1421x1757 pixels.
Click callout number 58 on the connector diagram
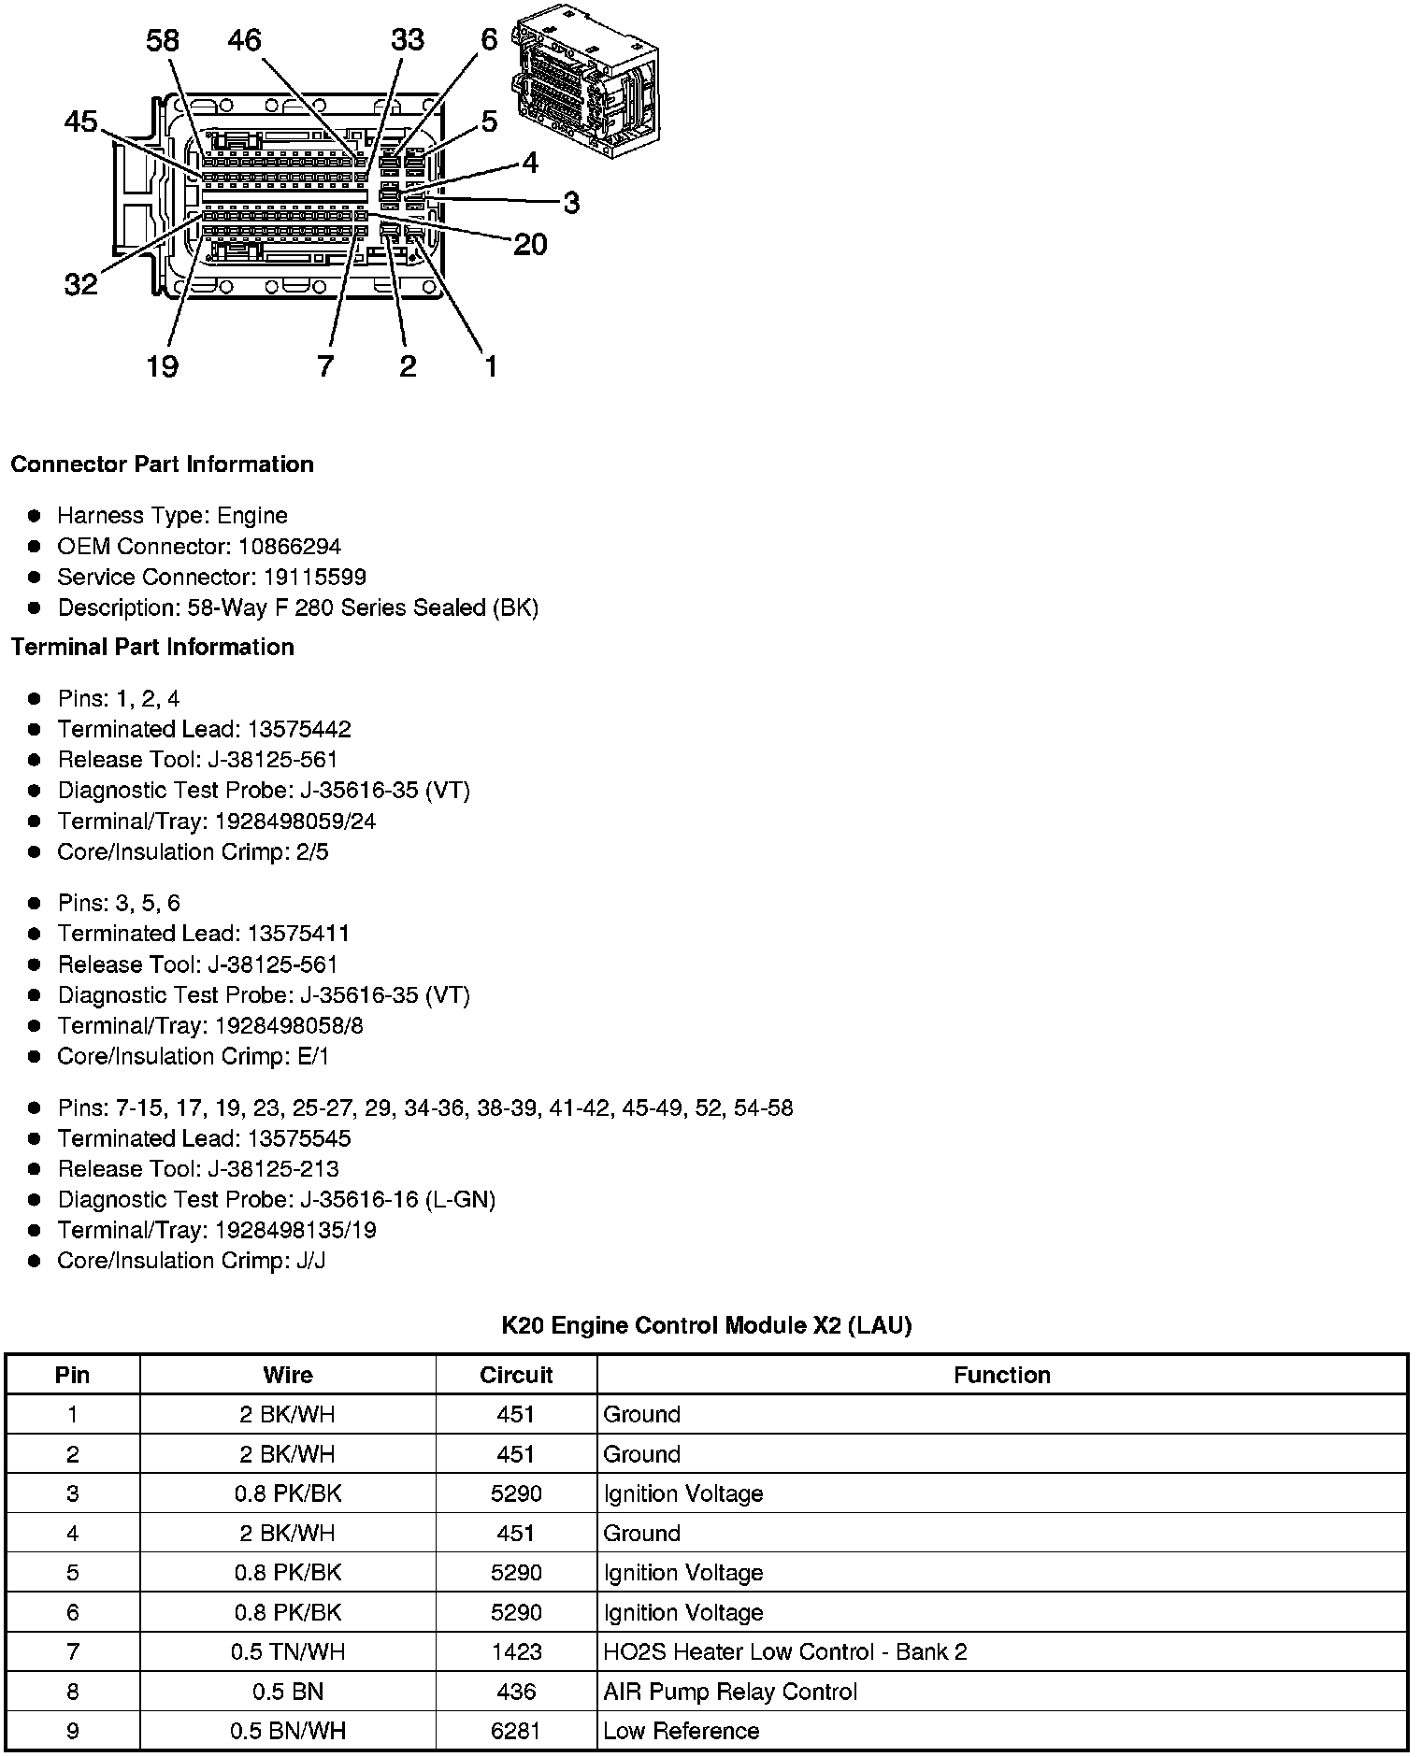(x=163, y=40)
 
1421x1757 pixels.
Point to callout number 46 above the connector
(x=245, y=40)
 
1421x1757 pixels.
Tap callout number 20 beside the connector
(x=530, y=245)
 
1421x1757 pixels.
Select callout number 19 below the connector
(x=162, y=365)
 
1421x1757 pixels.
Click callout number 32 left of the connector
(x=81, y=284)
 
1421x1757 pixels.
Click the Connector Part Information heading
(x=163, y=464)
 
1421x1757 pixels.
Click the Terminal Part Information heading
(x=152, y=647)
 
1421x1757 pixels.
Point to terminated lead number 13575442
(x=299, y=729)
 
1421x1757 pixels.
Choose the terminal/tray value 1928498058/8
(x=289, y=1025)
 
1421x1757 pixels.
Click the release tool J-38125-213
(x=293, y=1168)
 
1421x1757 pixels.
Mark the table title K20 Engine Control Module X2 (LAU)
(x=707, y=1324)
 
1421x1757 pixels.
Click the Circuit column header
(x=516, y=1375)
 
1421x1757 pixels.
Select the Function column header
(x=1002, y=1375)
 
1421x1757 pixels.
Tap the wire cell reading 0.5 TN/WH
(x=288, y=1651)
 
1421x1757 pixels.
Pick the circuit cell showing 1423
(x=516, y=1651)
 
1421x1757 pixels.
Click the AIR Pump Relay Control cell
(x=730, y=1692)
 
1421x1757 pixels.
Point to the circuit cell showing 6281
(x=516, y=1731)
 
